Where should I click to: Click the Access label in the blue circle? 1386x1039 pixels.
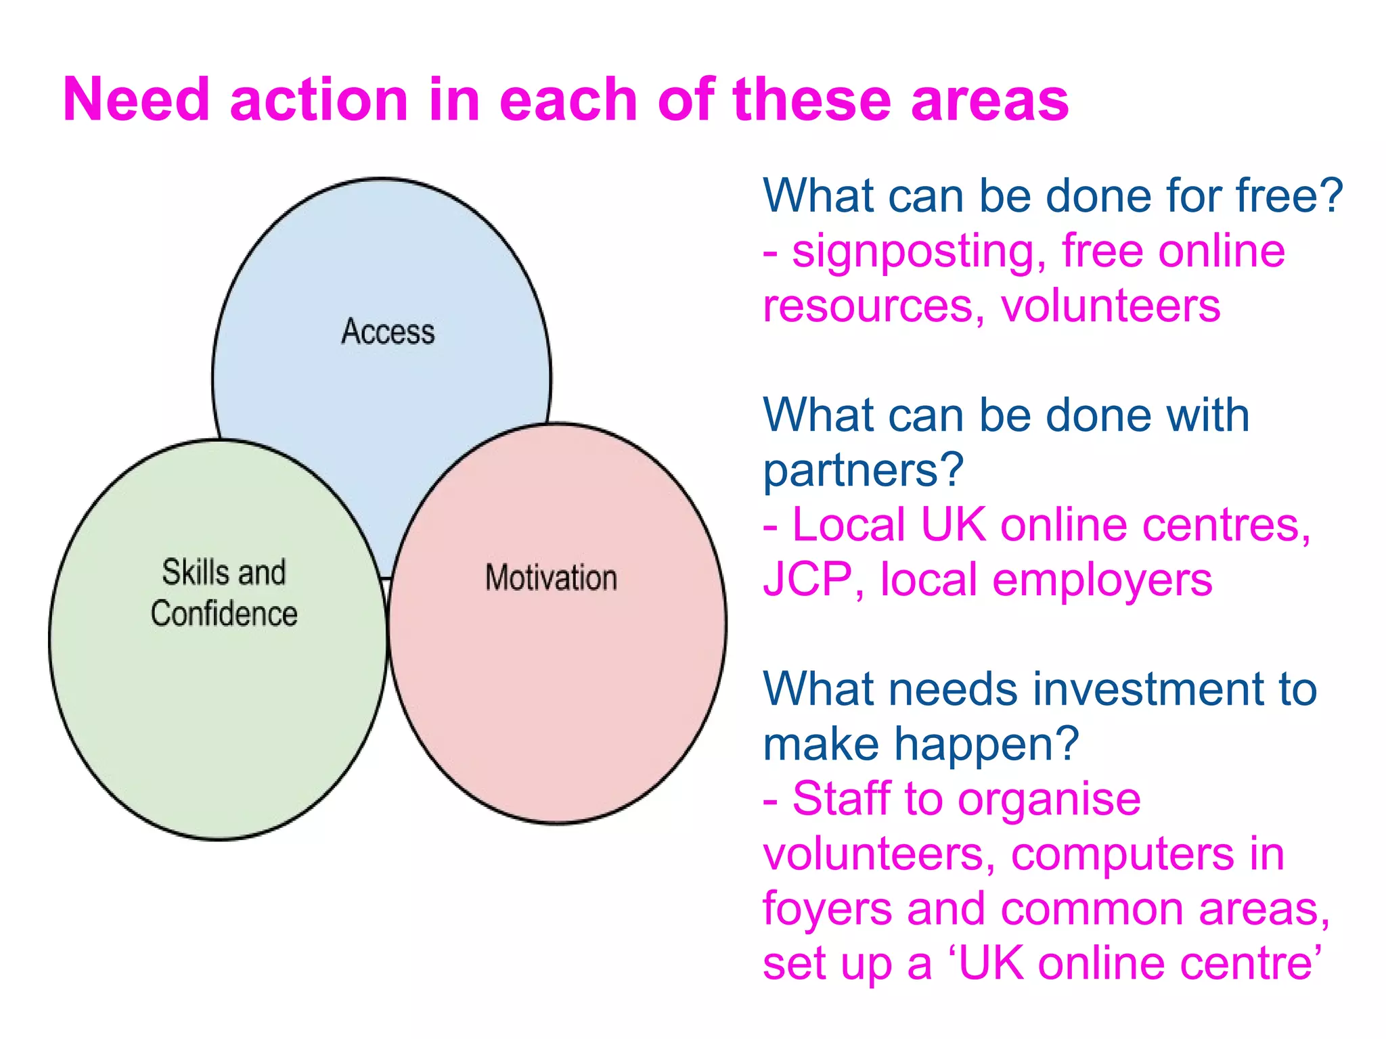pyautogui.click(x=388, y=331)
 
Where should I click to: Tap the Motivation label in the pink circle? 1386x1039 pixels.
pyautogui.click(x=551, y=578)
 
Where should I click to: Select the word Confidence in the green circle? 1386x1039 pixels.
pyautogui.click(x=224, y=614)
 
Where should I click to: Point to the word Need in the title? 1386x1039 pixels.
pyautogui.click(x=136, y=99)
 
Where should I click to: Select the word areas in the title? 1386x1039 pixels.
pyautogui.click(x=989, y=99)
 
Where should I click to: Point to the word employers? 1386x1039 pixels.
pyautogui.click(x=1102, y=580)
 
